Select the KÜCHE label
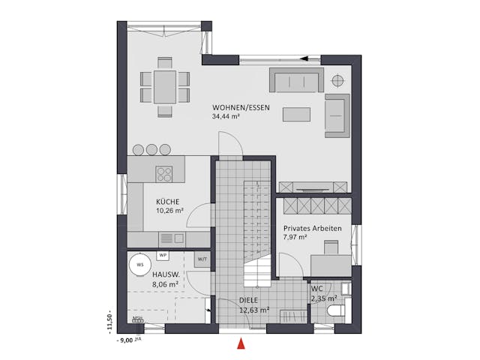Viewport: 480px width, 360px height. click(167, 202)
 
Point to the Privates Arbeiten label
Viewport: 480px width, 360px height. click(313, 229)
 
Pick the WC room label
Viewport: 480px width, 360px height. click(316, 288)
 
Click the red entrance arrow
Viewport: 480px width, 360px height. click(241, 345)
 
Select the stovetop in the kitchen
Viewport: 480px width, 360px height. click(165, 174)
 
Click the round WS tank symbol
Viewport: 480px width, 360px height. click(138, 263)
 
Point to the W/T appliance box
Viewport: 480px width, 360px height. click(201, 258)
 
